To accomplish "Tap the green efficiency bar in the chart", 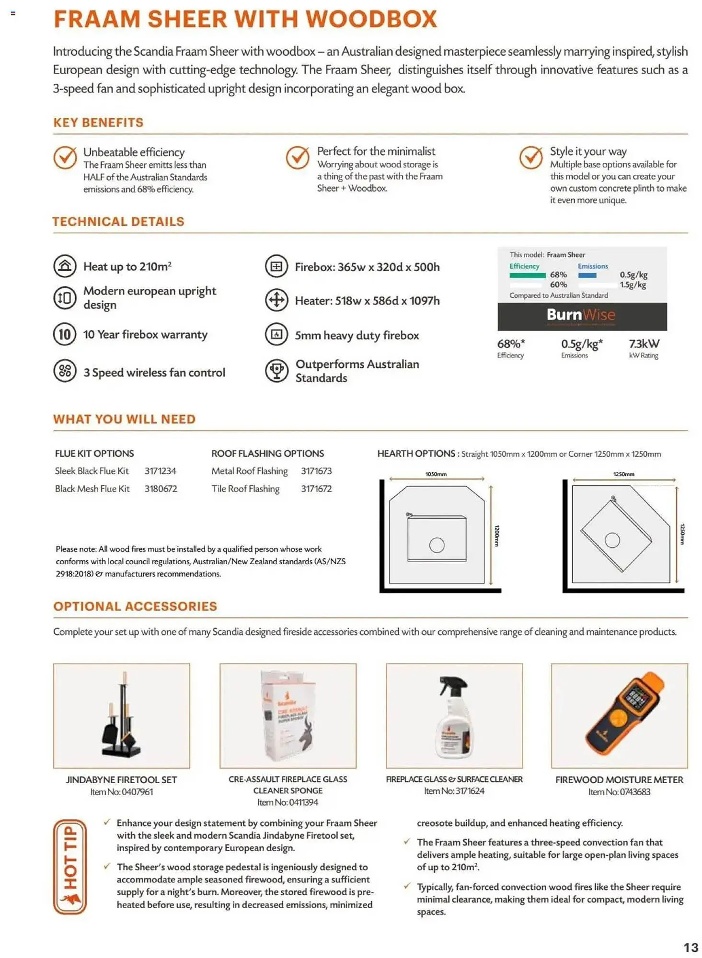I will click(527, 275).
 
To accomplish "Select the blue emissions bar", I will click(587, 275).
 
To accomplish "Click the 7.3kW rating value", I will click(644, 343).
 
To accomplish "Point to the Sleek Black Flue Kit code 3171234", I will click(160, 471).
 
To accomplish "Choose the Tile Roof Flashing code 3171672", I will click(316, 489).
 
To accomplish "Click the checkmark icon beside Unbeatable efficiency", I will click(65, 157).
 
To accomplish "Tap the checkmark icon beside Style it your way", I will click(531, 157).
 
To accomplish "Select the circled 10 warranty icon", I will click(65, 334).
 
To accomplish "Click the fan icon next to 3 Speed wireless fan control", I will click(65, 371).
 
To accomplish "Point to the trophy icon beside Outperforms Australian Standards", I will click(276, 371).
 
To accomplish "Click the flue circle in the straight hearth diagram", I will click(437, 545).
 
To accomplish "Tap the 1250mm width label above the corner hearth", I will click(623, 474).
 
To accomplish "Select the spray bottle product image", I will click(454, 716).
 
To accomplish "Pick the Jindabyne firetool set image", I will click(121, 716).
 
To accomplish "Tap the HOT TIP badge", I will click(70, 867).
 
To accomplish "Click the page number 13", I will click(690, 947).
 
